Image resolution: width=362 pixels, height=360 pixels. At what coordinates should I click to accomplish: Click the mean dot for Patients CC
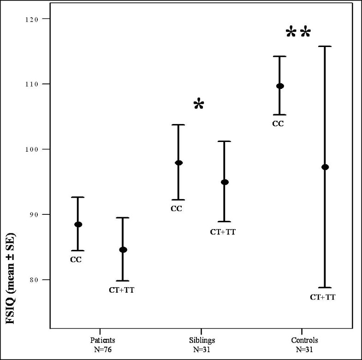(x=78, y=224)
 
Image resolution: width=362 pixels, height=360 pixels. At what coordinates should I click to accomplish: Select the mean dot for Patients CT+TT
(x=123, y=250)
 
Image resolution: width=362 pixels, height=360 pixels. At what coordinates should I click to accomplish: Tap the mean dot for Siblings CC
(x=178, y=163)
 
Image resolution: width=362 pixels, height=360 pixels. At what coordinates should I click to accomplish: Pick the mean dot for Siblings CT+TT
(x=225, y=182)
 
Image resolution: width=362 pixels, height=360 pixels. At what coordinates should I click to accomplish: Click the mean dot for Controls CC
(x=280, y=86)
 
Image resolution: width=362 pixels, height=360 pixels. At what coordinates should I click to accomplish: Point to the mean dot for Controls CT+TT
(x=325, y=167)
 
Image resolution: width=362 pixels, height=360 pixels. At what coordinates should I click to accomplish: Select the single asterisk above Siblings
(x=198, y=104)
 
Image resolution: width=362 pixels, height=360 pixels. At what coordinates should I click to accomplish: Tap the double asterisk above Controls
(x=298, y=33)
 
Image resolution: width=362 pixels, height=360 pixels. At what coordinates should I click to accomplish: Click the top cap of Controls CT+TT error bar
(x=325, y=46)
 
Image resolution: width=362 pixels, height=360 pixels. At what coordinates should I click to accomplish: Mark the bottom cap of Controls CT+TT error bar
(x=325, y=288)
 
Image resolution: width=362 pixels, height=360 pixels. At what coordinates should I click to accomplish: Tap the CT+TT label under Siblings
(x=223, y=232)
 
